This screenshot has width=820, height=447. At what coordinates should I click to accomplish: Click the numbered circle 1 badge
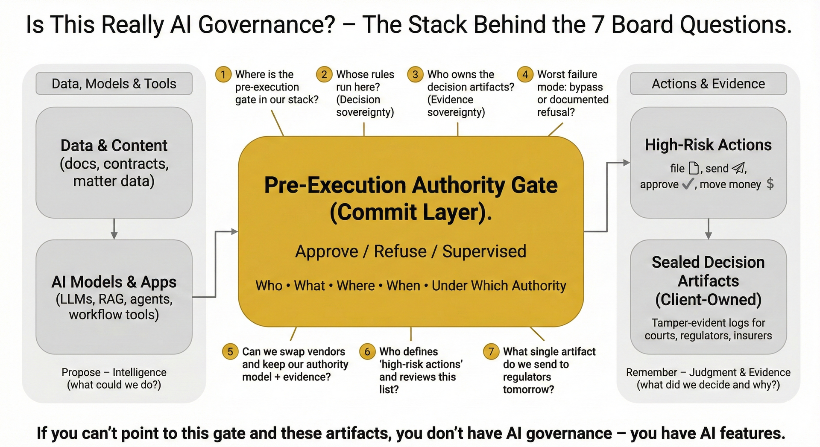point(223,75)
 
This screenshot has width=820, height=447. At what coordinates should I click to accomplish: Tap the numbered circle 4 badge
point(525,75)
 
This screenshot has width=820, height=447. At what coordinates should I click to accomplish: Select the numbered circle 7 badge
point(491,352)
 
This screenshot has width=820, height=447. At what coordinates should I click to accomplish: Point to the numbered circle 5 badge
point(230,352)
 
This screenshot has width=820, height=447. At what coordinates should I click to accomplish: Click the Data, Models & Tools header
point(114,84)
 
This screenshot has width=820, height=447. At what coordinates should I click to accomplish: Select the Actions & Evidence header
point(708,84)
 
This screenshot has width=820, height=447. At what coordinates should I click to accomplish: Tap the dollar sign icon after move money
point(770,184)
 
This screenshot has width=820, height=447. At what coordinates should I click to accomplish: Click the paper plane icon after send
point(738,168)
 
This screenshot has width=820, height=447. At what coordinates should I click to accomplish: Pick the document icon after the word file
point(694,168)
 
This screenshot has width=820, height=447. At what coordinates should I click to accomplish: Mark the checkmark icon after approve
point(688,184)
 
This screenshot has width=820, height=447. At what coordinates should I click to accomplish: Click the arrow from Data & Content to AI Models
point(114,229)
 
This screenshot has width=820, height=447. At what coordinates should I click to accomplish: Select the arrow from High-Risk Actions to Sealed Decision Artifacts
point(708,229)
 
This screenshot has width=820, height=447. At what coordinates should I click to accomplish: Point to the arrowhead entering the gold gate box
point(234,231)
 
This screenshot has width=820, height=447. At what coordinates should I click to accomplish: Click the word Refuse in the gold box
point(400,251)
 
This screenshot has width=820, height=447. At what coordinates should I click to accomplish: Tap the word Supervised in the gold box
point(484,251)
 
